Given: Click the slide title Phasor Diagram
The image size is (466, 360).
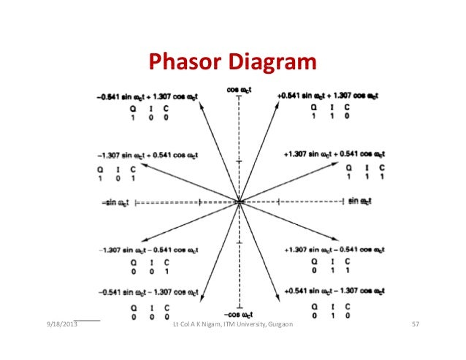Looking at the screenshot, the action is [x=232, y=64].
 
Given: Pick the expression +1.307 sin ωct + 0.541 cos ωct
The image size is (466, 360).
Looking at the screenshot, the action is [x=332, y=154].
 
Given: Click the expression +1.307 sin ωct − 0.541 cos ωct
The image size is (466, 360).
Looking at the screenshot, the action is [x=332, y=250].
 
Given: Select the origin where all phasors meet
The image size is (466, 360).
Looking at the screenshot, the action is [x=239, y=202].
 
